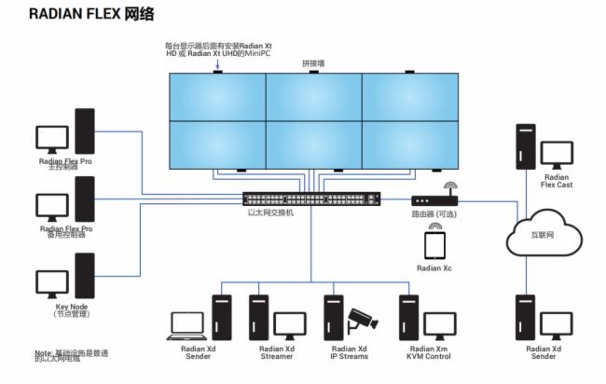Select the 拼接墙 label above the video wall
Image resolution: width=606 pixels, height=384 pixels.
pos(313,62)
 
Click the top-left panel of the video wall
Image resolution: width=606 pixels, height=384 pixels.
pos(217,95)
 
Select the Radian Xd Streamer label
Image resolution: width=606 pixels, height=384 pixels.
pos(277,353)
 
